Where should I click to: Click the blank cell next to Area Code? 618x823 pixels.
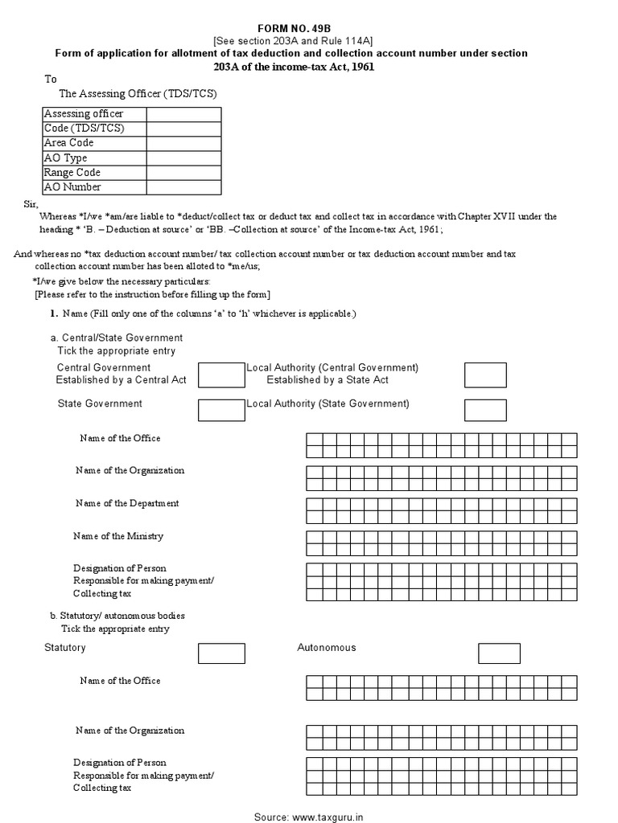click(183, 143)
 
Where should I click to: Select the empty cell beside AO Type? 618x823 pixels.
click(183, 158)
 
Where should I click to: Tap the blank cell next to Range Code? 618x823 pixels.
click(183, 173)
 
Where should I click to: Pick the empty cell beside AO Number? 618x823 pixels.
click(183, 187)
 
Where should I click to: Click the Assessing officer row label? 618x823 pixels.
click(84, 114)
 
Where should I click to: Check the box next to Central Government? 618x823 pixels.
click(221, 375)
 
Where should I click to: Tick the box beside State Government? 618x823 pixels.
click(221, 410)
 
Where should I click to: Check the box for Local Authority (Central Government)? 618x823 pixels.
click(485, 375)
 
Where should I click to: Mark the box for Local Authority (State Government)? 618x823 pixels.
click(485, 410)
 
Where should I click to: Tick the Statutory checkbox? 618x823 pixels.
click(221, 653)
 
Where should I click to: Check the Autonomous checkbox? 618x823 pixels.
click(499, 653)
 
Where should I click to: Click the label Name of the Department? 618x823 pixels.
click(127, 503)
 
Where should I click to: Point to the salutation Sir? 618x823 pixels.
click(31, 205)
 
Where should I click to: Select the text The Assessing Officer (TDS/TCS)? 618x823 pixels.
click(138, 94)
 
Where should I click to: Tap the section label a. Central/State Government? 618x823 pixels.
click(117, 338)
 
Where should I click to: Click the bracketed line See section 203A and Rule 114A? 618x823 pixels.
click(291, 40)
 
